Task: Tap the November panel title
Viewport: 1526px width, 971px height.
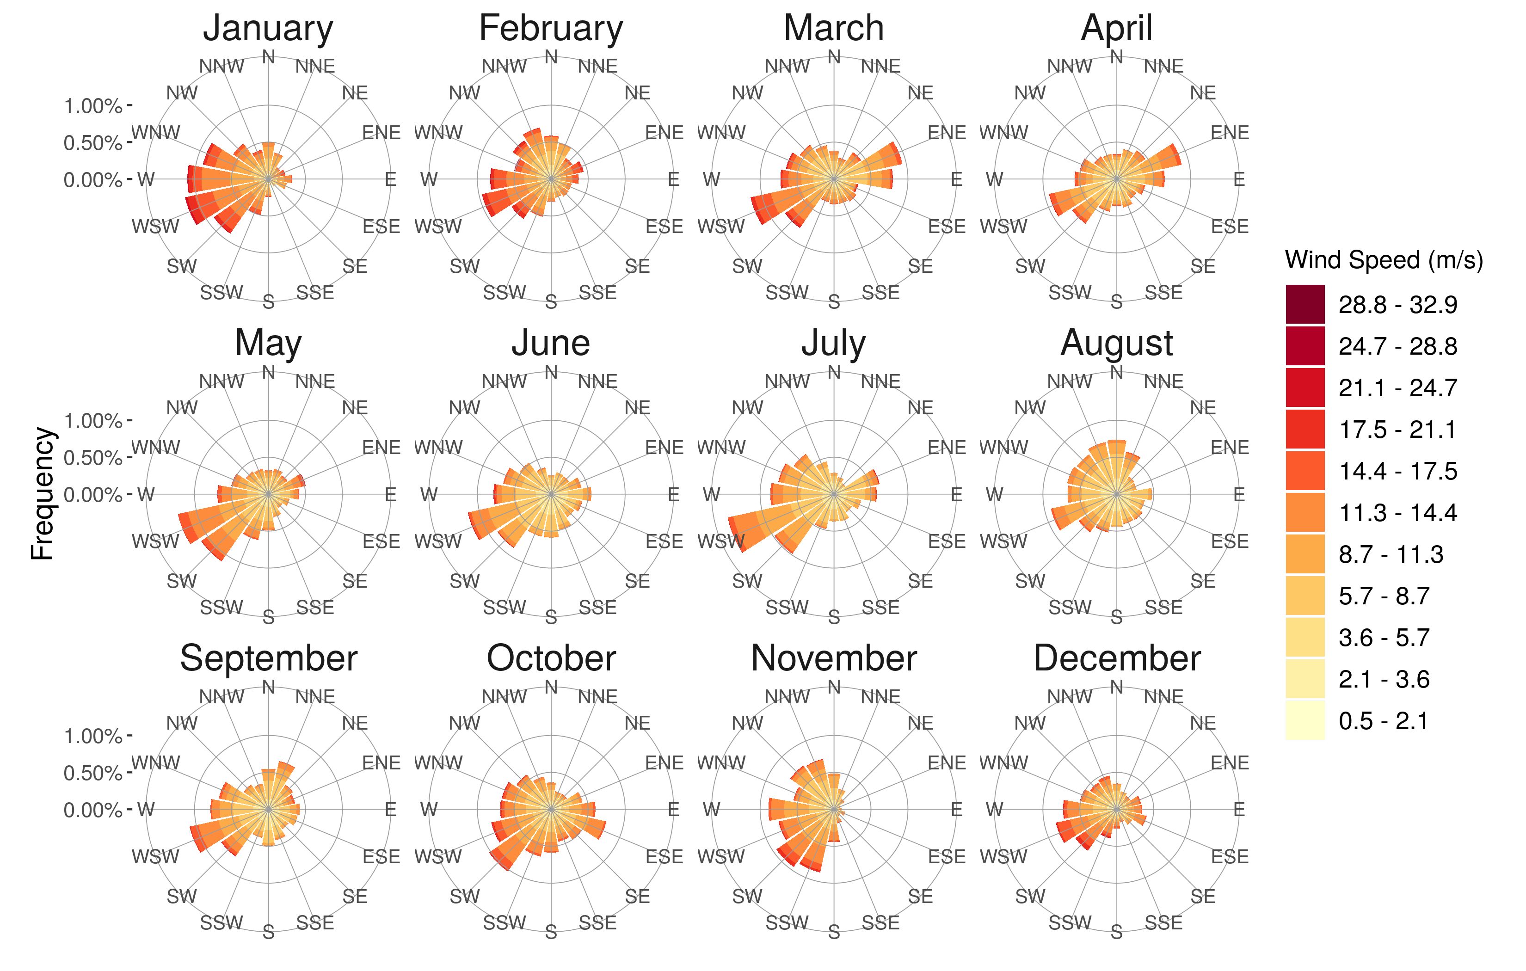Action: pyautogui.click(x=833, y=658)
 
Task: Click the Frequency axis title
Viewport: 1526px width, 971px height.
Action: pyautogui.click(x=43, y=494)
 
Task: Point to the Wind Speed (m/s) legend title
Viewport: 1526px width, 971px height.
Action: pyautogui.click(x=1384, y=260)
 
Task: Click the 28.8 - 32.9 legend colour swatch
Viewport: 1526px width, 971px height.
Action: pyautogui.click(x=1305, y=304)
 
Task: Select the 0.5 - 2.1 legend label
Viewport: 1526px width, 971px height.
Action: pyautogui.click(x=1384, y=721)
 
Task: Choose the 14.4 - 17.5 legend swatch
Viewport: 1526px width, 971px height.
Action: pyautogui.click(x=1305, y=471)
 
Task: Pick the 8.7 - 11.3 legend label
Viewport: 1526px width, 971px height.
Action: pyautogui.click(x=1391, y=554)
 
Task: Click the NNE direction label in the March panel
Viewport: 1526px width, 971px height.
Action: pyautogui.click(x=880, y=66)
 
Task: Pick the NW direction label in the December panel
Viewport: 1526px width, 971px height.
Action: pyautogui.click(x=1030, y=723)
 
